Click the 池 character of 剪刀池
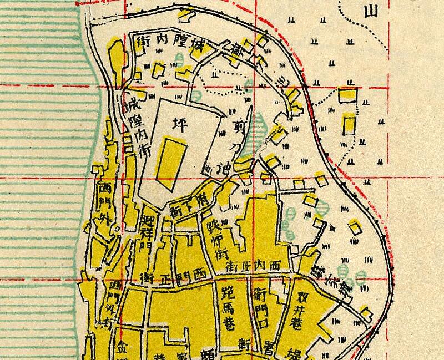coord(211,165)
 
